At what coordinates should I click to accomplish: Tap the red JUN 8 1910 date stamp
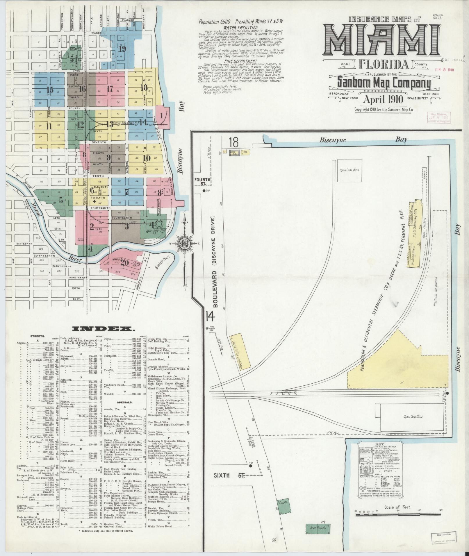point(444,70)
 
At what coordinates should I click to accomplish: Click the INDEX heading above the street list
point(103,329)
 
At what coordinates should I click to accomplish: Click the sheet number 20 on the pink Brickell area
point(125,263)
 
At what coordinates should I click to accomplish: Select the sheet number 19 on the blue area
point(122,49)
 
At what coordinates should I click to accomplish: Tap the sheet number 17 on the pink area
point(110,89)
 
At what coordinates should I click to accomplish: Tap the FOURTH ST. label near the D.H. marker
point(202,182)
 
